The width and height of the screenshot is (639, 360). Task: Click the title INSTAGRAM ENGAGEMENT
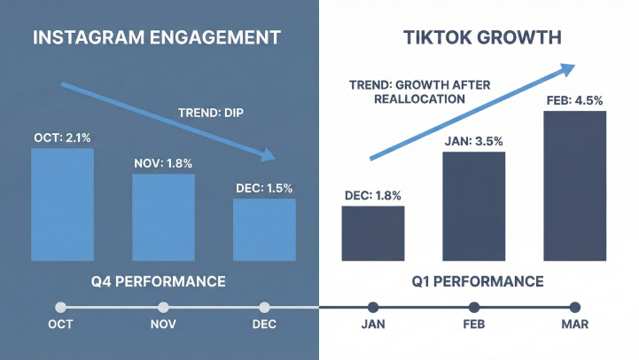(157, 37)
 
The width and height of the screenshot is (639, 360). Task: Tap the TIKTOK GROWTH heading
(482, 37)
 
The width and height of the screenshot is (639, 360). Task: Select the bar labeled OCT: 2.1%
(62, 205)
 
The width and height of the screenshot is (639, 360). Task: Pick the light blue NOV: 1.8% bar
(163, 217)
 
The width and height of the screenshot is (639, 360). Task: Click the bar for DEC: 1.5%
(264, 230)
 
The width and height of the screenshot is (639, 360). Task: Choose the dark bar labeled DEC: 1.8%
(373, 233)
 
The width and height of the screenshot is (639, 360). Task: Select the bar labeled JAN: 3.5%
(474, 207)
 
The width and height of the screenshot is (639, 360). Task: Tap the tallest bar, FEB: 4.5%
(575, 186)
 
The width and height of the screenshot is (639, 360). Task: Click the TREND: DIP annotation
(211, 113)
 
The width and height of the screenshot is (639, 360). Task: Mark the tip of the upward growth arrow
(574, 66)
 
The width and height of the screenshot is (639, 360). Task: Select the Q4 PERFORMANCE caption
(158, 282)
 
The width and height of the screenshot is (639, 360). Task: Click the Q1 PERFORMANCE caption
(478, 282)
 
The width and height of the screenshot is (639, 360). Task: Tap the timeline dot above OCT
(61, 308)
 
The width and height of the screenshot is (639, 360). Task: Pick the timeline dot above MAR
(575, 308)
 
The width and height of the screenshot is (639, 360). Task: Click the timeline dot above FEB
(474, 308)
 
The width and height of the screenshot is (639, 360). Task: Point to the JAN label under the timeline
(373, 325)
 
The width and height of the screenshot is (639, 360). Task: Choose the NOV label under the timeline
(163, 325)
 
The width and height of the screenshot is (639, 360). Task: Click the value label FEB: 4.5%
(574, 101)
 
